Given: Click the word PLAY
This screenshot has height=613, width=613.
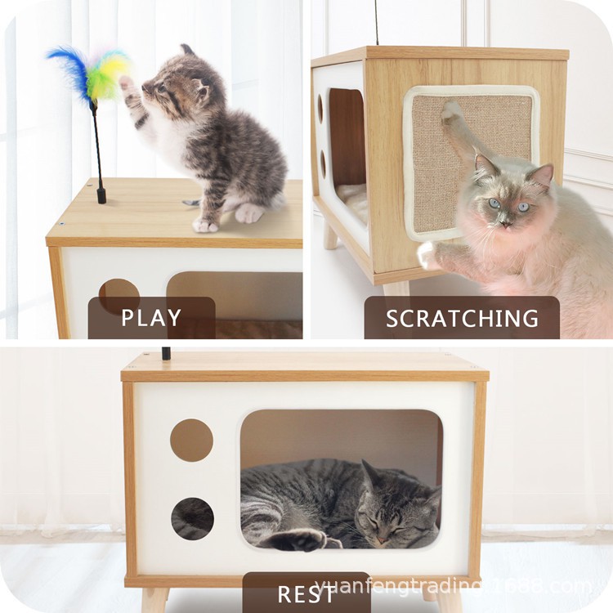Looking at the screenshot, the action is point(151,318).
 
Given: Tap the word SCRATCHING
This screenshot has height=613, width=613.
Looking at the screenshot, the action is point(462,319).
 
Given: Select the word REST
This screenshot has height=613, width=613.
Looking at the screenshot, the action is point(306,594).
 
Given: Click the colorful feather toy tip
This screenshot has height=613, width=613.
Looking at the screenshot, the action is point(89,74).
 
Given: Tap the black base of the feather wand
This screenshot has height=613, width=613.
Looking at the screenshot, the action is point(101,195).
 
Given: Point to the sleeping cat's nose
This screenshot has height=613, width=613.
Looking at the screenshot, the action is point(383,540).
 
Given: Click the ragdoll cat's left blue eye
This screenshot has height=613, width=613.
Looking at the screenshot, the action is point(494,204).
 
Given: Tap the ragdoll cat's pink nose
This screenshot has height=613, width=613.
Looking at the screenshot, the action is point(506,225).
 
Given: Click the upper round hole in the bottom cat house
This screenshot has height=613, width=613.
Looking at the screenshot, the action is point(191,441).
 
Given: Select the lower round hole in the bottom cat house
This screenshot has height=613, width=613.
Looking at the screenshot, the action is point(192,519).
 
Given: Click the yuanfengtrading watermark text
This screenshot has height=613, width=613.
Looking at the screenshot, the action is point(454,587).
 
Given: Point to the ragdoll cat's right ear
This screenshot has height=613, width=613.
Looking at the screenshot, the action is point(543,175).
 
